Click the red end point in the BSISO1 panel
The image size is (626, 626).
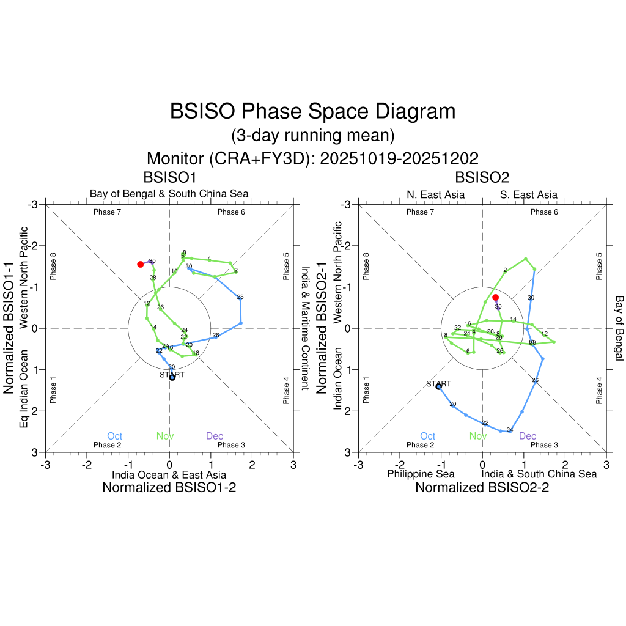point(141,264)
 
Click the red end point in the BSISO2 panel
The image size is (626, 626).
point(495,297)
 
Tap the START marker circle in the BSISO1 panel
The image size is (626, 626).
point(172,377)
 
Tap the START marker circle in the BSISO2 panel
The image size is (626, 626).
point(439,387)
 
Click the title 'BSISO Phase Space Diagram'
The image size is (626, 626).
point(312,111)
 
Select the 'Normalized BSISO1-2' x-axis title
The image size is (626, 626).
point(169,487)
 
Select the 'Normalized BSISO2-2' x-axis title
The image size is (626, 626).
point(482,487)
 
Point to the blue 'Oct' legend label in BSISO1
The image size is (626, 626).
point(114,436)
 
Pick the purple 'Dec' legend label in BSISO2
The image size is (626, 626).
point(528,436)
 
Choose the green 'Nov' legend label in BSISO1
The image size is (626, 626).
point(164,436)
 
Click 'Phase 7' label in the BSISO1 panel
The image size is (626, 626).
point(107,212)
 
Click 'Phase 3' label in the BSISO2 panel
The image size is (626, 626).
point(544,445)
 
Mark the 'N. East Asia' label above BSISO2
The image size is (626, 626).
point(435,194)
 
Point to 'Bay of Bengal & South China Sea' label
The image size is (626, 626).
point(169,194)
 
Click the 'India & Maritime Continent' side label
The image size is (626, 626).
point(306,328)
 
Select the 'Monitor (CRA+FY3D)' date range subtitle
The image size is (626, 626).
point(312,158)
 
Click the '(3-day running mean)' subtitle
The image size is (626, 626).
point(312,134)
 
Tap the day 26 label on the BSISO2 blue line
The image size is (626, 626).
point(535,380)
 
